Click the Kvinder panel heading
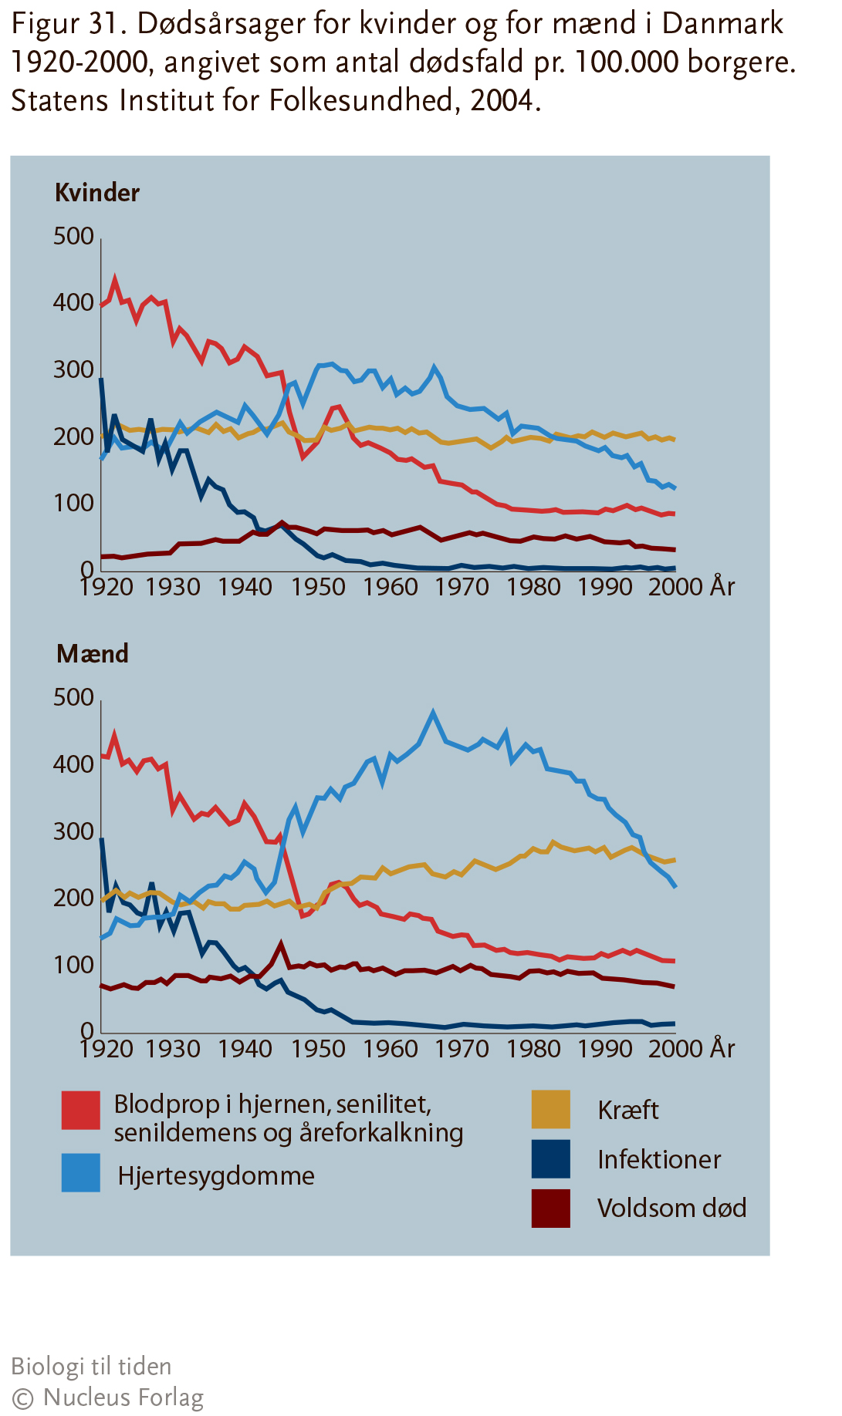coord(97,192)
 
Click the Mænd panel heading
coord(93,654)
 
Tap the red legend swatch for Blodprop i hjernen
coord(81,1110)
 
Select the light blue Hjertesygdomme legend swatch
coord(81,1172)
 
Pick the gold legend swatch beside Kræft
coord(551,1109)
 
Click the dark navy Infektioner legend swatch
coord(551,1159)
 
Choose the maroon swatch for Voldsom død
coord(551,1208)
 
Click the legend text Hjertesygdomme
coord(216,1176)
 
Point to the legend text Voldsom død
coord(671,1208)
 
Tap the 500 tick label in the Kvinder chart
coord(73,236)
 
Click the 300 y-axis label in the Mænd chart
coord(73,831)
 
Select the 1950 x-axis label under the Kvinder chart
coord(318,587)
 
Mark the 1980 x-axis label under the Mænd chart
coord(534,1049)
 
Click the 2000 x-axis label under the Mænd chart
coord(675,1049)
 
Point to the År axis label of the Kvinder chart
coord(722,586)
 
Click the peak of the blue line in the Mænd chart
coord(433,712)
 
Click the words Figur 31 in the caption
coord(68,25)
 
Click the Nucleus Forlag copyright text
coord(107,1397)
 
